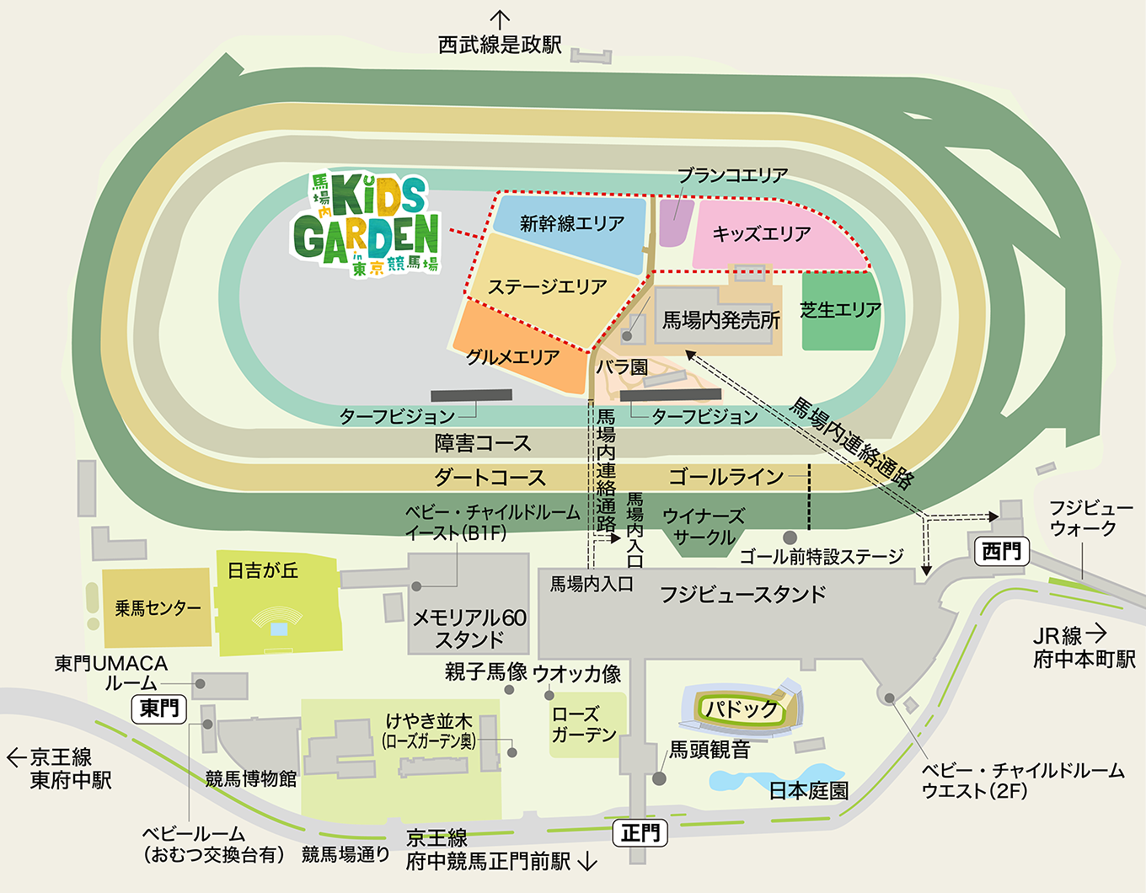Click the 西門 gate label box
point(1001,552)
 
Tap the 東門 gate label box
point(159,709)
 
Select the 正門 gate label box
point(640,833)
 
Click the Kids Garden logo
point(367,223)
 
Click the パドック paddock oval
point(742,709)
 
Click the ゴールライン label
point(726,477)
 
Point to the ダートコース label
point(490,478)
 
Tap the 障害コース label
point(482,443)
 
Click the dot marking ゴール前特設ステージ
point(790,537)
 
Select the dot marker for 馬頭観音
point(660,778)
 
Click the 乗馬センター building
point(157,607)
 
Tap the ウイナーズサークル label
point(704,527)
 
